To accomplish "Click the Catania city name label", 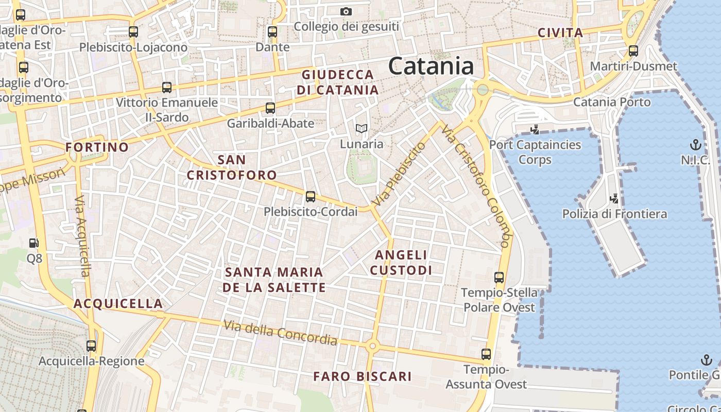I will point(431,66).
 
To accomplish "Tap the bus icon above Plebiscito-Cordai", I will point(310,196).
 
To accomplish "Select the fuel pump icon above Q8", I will point(34,242).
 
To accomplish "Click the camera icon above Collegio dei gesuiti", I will point(346,11).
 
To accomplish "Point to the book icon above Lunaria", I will point(362,128).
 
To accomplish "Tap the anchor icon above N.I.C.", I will point(696,144).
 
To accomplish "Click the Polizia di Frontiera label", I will point(614,214).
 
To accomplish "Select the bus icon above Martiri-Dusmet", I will point(633,51).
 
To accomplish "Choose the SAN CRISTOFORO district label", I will point(232,167).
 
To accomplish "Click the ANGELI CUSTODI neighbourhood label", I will point(401,262).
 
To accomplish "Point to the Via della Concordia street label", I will point(281,333).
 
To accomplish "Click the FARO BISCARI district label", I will point(363,376).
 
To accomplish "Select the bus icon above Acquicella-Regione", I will point(91,346).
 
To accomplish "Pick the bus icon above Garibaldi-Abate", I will point(270,108).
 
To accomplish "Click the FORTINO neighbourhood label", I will point(97,147).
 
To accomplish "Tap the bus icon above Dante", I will point(272,32).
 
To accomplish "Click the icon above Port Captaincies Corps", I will point(535,129).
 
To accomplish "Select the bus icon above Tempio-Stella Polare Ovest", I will point(499,278).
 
